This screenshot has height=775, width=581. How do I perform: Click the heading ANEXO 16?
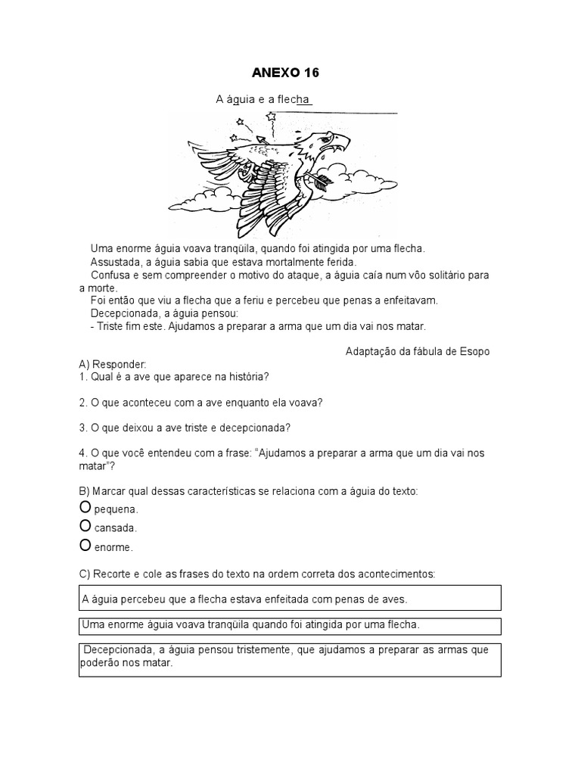284,73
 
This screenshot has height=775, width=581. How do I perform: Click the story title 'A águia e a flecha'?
264,100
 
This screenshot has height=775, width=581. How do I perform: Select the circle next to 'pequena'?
85,508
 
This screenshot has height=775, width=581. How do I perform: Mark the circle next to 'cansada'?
85,527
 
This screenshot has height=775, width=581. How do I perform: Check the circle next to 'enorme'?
85,545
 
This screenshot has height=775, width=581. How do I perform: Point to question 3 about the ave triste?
185,428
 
